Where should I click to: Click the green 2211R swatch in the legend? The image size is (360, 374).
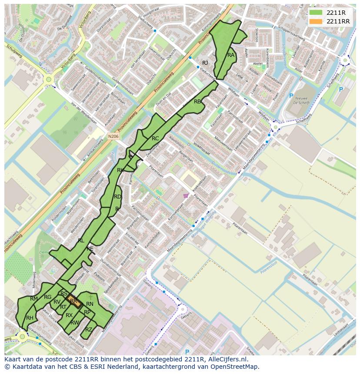pyautogui.click(x=316, y=13)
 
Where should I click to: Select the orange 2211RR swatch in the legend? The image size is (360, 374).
pyautogui.click(x=316, y=21)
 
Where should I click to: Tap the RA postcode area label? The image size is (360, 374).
pyautogui.click(x=231, y=55)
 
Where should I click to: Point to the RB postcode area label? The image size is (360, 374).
pyautogui.click(x=197, y=102)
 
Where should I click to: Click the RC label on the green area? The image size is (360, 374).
pyautogui.click(x=155, y=139)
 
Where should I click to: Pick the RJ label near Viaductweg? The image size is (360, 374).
pyautogui.click(x=205, y=63)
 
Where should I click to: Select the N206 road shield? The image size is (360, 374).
pyautogui.click(x=113, y=136)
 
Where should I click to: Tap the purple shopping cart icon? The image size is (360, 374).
pyautogui.click(x=186, y=195)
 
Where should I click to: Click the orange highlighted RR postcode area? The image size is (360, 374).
pyautogui.click(x=75, y=301)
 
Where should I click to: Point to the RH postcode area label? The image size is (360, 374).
pyautogui.click(x=30, y=318)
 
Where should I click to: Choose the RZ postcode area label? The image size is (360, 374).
pyautogui.click(x=89, y=329)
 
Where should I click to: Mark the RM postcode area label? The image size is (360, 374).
pyautogui.click(x=34, y=299)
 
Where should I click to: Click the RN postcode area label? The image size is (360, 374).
pyautogui.click(x=90, y=304)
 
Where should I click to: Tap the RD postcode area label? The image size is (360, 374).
pyautogui.click(x=117, y=197)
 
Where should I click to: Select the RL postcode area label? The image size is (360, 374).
pyautogui.click(x=81, y=240)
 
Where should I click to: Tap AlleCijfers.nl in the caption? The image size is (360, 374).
pyautogui.click(x=226, y=360)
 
